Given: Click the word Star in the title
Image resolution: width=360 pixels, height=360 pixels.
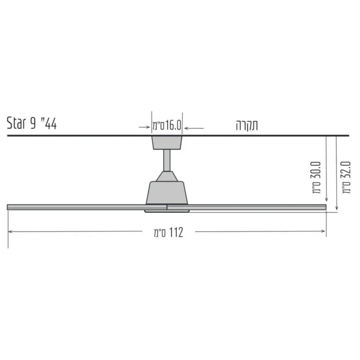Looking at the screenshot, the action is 16,123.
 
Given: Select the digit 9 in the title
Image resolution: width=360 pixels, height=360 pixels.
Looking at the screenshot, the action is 33,123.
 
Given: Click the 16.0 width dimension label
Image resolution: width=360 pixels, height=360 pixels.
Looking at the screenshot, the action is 167,125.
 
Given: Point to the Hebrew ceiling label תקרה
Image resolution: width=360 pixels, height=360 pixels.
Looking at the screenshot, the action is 247,125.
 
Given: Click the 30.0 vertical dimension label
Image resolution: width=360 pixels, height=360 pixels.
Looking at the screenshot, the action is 316,177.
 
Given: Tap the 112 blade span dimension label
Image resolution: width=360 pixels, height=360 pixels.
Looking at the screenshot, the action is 169,232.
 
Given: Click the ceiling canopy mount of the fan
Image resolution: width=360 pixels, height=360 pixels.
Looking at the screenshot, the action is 167,142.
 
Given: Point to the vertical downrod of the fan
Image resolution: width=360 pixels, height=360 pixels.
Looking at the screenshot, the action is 167,160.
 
